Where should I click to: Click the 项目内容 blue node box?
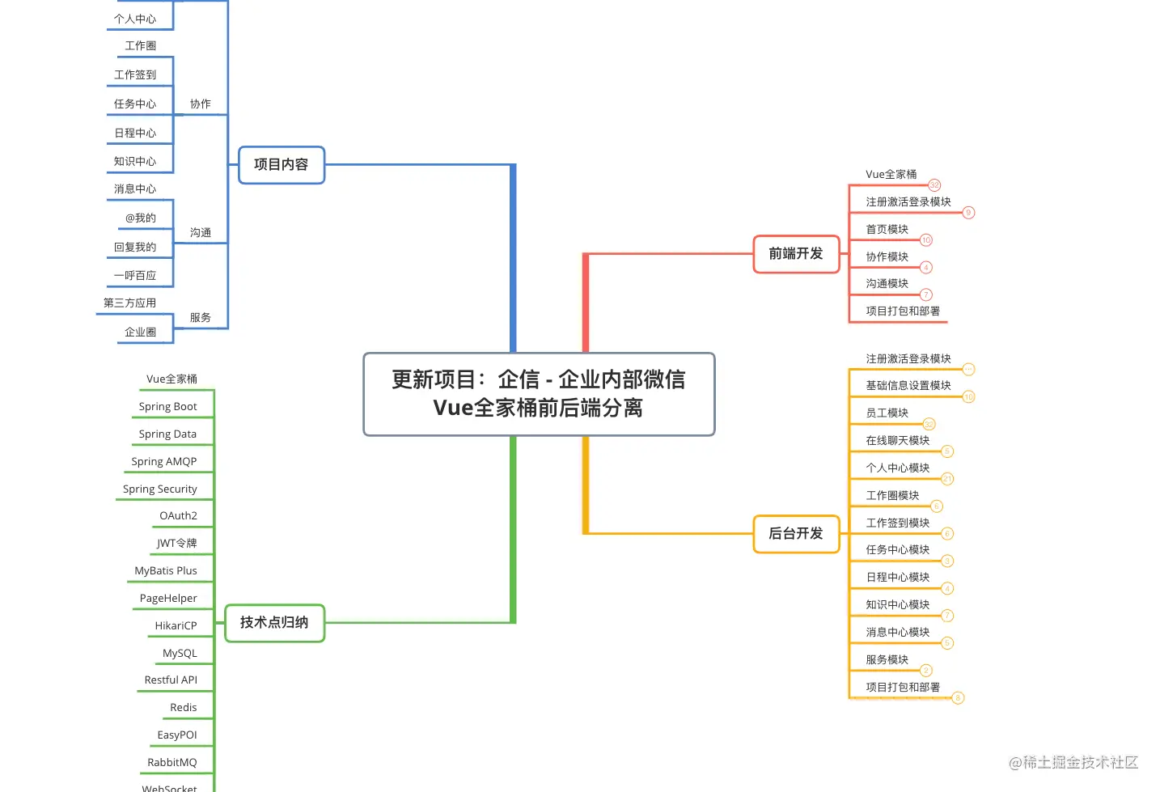(x=282, y=165)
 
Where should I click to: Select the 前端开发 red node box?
(x=796, y=254)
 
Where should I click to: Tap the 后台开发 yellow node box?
(x=796, y=534)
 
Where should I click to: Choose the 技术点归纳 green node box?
(x=274, y=623)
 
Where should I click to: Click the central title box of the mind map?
(x=539, y=394)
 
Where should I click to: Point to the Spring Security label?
(x=160, y=489)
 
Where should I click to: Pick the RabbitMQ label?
(x=172, y=763)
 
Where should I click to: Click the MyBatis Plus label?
(x=166, y=571)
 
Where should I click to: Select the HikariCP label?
(x=176, y=626)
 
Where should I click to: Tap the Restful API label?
(x=171, y=680)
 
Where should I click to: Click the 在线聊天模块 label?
(x=898, y=441)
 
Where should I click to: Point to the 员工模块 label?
(x=887, y=413)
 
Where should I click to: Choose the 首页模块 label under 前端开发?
(x=887, y=230)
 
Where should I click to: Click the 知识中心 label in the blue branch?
(x=135, y=162)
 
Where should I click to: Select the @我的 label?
(x=141, y=218)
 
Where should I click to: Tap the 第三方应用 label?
(x=130, y=303)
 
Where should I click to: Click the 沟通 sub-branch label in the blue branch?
(x=201, y=233)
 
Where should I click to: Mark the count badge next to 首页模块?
(x=926, y=240)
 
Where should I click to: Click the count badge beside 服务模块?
(x=926, y=671)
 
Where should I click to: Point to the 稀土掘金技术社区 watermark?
(x=1073, y=762)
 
